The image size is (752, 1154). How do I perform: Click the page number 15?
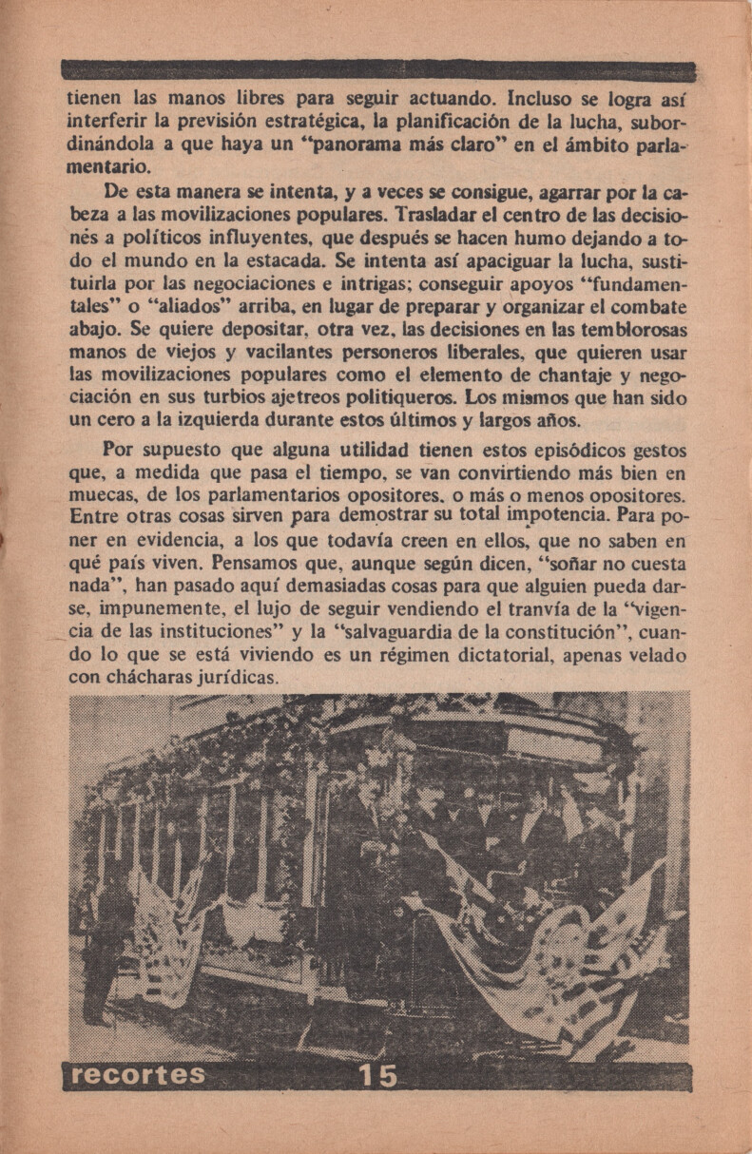[x=377, y=1076]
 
